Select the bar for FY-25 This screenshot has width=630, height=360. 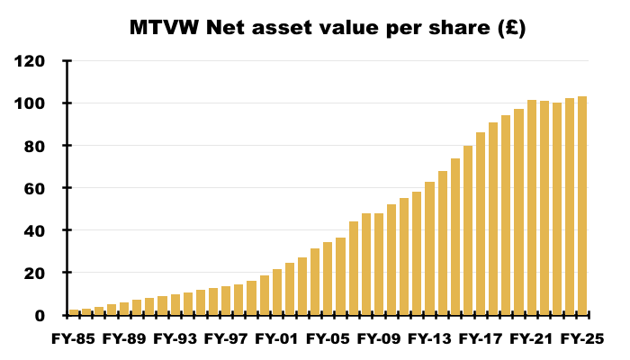[x=582, y=206]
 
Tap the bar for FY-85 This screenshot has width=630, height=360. [x=74, y=311]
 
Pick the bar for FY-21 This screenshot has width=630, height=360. [x=532, y=208]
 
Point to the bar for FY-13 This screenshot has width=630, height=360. [x=430, y=253]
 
